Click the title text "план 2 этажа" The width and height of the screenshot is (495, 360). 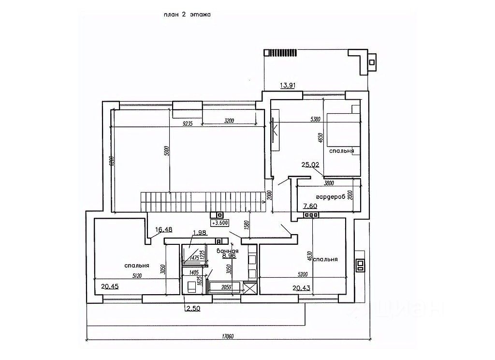(188, 15)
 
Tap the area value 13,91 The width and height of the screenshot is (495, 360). (288, 86)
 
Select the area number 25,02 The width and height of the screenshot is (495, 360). (310, 165)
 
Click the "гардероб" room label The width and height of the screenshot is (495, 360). (331, 197)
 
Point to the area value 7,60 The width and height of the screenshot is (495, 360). (310, 206)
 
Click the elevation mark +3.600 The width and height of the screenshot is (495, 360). (220, 223)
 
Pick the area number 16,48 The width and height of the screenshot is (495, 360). (164, 229)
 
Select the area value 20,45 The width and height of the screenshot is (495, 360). (110, 286)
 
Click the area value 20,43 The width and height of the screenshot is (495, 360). (302, 288)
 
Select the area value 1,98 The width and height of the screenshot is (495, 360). (199, 233)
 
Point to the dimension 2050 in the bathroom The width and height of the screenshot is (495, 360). (226, 287)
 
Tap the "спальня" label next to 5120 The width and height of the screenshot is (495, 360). (136, 265)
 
